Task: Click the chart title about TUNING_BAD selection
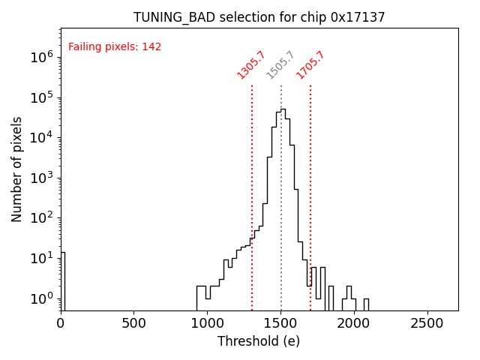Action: coord(259,17)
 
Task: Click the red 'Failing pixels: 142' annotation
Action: coord(115,47)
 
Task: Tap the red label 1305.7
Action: coord(250,65)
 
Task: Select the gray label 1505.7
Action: coord(280,65)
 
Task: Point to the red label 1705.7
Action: coord(310,65)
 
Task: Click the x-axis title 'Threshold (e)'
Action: coord(259,341)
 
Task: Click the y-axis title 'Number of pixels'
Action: coord(17,169)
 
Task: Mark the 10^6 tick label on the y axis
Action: coord(41,57)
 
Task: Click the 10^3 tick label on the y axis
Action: coord(41,178)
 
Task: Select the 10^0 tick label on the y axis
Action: coord(41,298)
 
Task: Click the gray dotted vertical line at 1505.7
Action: coord(281,187)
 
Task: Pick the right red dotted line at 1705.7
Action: coord(310,187)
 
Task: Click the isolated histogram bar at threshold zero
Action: coord(63,281)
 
